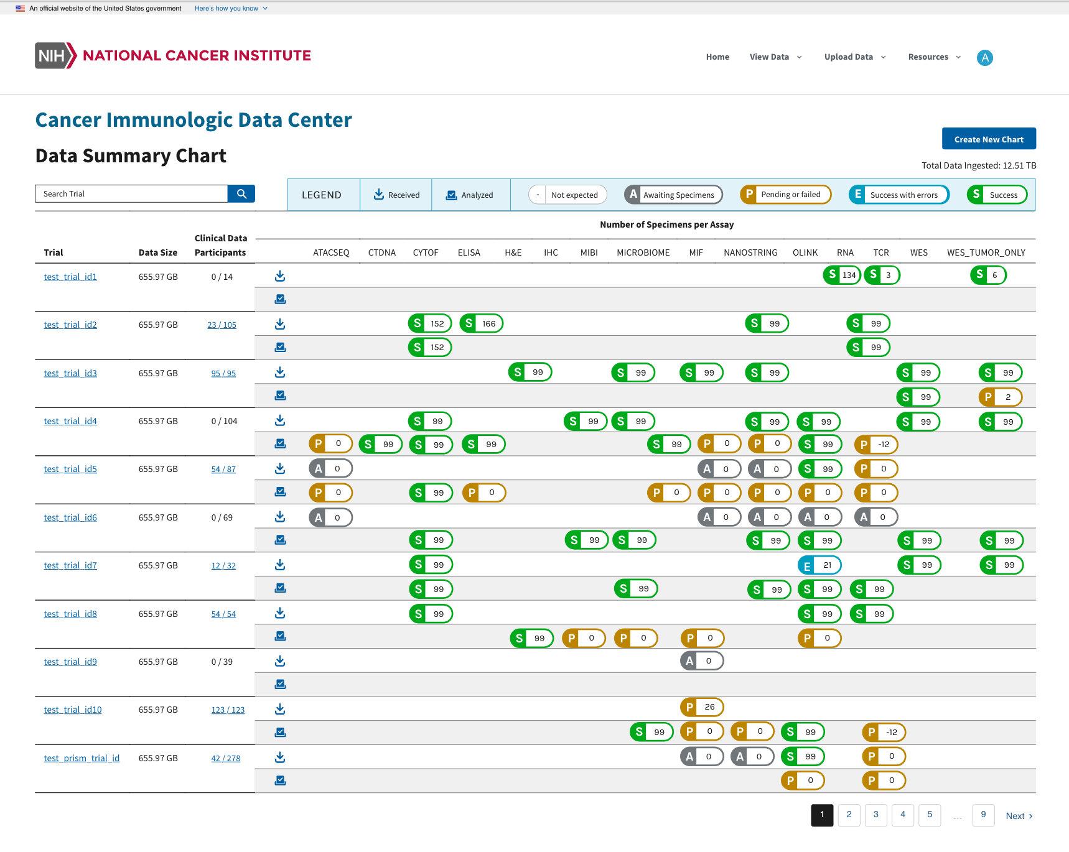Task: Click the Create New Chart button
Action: click(x=988, y=139)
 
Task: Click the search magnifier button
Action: click(x=241, y=194)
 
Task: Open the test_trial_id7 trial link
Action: click(x=70, y=565)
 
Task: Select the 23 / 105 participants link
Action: click(x=222, y=325)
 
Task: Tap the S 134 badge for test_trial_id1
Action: click(x=841, y=275)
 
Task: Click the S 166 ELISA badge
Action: click(x=481, y=323)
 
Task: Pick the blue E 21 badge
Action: click(x=819, y=565)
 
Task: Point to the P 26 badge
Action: click(x=702, y=707)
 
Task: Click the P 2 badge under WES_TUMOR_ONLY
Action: click(x=1000, y=397)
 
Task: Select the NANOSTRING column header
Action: click(x=750, y=252)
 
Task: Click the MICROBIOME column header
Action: click(x=643, y=252)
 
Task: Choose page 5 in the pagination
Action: click(x=930, y=815)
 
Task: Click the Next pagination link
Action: click(x=1019, y=816)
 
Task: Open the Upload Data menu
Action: click(x=854, y=57)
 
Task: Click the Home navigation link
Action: click(x=717, y=57)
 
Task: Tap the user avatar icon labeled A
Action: click(x=984, y=58)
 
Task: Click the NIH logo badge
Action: click(x=55, y=56)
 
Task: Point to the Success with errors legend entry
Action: click(x=899, y=195)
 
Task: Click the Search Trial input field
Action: click(x=131, y=194)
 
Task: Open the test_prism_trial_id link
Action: click(x=82, y=758)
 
